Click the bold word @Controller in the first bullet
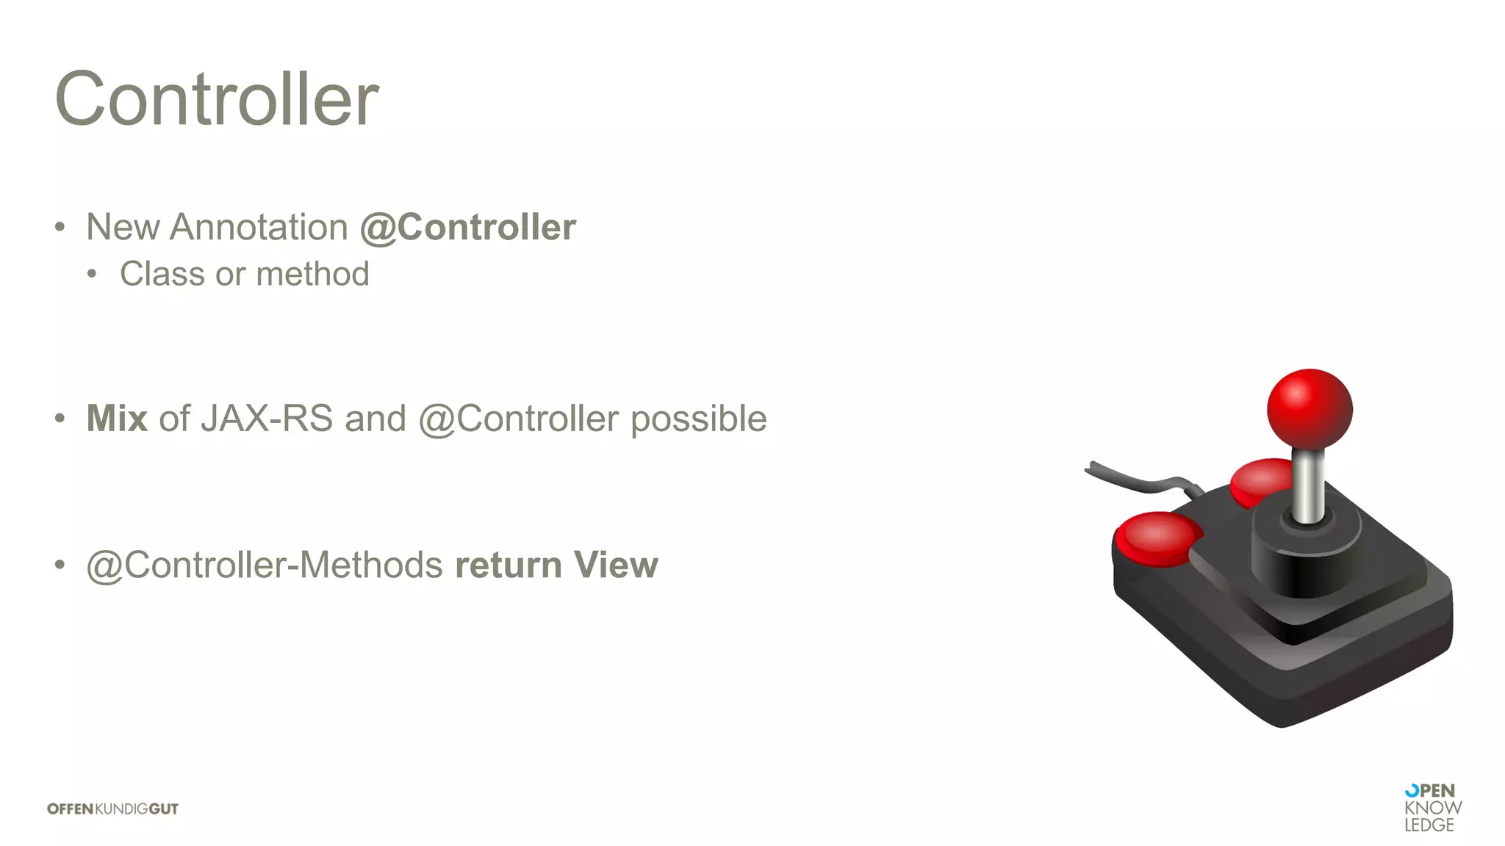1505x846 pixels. tap(468, 227)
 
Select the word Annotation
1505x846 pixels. tap(259, 227)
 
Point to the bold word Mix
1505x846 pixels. tap(117, 419)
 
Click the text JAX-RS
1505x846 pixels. tap(267, 419)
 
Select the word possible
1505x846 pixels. tap(698, 419)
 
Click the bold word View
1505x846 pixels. tap(616, 565)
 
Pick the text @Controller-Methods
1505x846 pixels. tap(265, 565)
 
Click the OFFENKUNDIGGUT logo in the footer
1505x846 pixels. tap(112, 809)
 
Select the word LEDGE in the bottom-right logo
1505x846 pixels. tap(1429, 825)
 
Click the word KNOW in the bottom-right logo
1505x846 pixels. tap(1433, 808)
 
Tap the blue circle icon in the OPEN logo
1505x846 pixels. tap(1412, 791)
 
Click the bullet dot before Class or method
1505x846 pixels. tap(92, 275)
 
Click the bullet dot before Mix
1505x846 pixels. tap(60, 419)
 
